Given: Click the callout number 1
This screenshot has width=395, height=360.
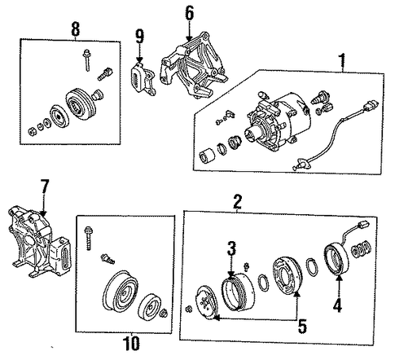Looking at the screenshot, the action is pos(342,61).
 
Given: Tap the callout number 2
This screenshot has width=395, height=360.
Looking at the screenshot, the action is pos(237,201).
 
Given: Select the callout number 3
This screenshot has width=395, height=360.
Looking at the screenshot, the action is pos(231,249).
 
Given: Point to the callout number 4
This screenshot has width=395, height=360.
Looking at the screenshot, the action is pos(337,305).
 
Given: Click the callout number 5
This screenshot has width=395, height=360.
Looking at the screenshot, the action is pos(302,327).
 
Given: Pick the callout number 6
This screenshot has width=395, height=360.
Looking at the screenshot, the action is pos(189,13).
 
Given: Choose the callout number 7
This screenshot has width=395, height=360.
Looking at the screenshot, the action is pos(45,187).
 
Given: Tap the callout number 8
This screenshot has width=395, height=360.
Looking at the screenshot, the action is pos(76,29).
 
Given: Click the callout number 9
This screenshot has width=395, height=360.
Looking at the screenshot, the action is pos(139,37).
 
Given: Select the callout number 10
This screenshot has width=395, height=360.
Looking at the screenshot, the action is pos(131,344).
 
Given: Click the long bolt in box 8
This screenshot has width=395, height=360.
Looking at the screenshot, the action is pos(87,60).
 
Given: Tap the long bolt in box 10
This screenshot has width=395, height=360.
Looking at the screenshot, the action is pos(89,238).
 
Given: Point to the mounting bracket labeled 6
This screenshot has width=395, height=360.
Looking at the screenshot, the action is pos(195,66).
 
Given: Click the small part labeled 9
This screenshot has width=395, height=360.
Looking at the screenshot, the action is pos(143,79).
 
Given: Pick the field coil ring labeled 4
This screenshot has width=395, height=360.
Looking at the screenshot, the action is pos(336,259).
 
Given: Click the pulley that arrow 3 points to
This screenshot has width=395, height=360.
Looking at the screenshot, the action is pos(238,292).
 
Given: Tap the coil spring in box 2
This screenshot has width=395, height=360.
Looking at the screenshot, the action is pos(360,250).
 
